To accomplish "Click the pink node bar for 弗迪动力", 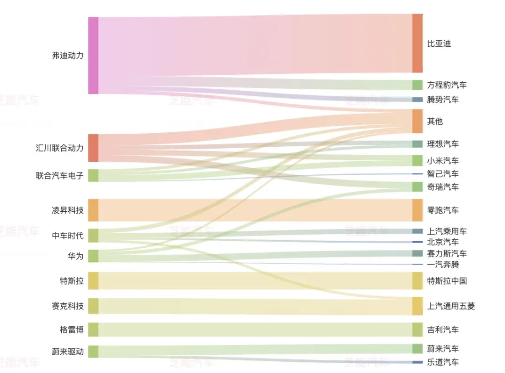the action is click(x=93, y=55).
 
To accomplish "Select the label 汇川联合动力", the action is click(x=59, y=148).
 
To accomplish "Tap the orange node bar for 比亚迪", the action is click(x=418, y=43).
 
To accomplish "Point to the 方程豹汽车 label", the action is click(x=447, y=85).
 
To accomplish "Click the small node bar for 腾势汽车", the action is click(x=418, y=100).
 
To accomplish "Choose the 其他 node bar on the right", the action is click(x=418, y=121).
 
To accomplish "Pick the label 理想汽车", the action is click(x=443, y=144).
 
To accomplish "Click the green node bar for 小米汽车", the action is click(x=418, y=160).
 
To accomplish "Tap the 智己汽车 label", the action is click(x=443, y=174).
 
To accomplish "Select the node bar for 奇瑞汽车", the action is click(x=418, y=186).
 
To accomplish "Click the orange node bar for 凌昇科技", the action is click(x=93, y=210).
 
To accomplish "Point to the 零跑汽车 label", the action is click(x=443, y=210).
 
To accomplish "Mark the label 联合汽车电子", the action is click(x=59, y=175).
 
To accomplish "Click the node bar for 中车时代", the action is click(x=93, y=236).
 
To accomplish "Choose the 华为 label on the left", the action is click(x=76, y=256).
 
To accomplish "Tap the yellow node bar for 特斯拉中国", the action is click(x=418, y=280).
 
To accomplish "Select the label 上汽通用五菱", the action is click(x=451, y=306).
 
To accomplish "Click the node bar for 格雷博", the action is click(x=93, y=330).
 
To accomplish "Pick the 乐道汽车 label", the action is click(x=443, y=362).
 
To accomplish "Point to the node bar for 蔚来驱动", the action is click(x=93, y=351).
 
